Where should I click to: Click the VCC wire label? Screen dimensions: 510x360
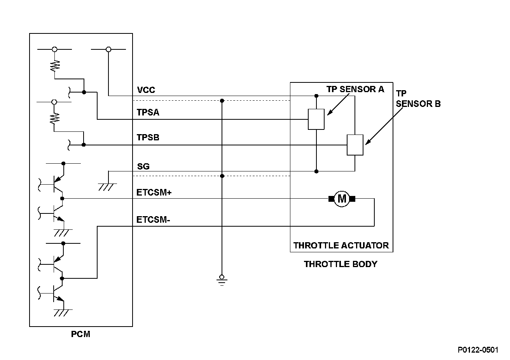tap(146, 90)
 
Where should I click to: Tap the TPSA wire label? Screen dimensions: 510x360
tap(148, 112)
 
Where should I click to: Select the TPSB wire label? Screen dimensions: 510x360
tap(148, 137)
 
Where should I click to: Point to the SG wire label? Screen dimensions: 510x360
tap(143, 166)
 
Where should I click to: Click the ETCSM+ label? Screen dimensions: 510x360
tap(154, 192)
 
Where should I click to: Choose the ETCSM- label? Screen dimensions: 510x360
tap(153, 220)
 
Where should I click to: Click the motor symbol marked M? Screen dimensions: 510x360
tap(342, 199)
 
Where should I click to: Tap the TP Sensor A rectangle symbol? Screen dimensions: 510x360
tap(316, 119)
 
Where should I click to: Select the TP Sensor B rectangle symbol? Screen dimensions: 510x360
tap(355, 145)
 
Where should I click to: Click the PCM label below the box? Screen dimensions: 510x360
tap(80, 334)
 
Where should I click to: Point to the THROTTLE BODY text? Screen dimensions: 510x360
tap(341, 264)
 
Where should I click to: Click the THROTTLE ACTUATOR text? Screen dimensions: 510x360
tap(341, 245)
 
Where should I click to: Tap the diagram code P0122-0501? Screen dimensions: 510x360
tap(478, 350)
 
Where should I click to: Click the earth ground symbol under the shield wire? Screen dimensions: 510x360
tap(222, 281)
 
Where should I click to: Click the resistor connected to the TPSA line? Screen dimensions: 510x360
tap(55, 66)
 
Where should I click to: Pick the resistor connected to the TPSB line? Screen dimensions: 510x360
tap(54, 119)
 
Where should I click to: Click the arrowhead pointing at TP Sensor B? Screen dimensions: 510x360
tap(368, 142)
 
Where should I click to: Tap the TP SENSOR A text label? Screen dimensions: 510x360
tap(355, 89)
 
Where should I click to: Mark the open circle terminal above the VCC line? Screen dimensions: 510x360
tap(108, 49)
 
